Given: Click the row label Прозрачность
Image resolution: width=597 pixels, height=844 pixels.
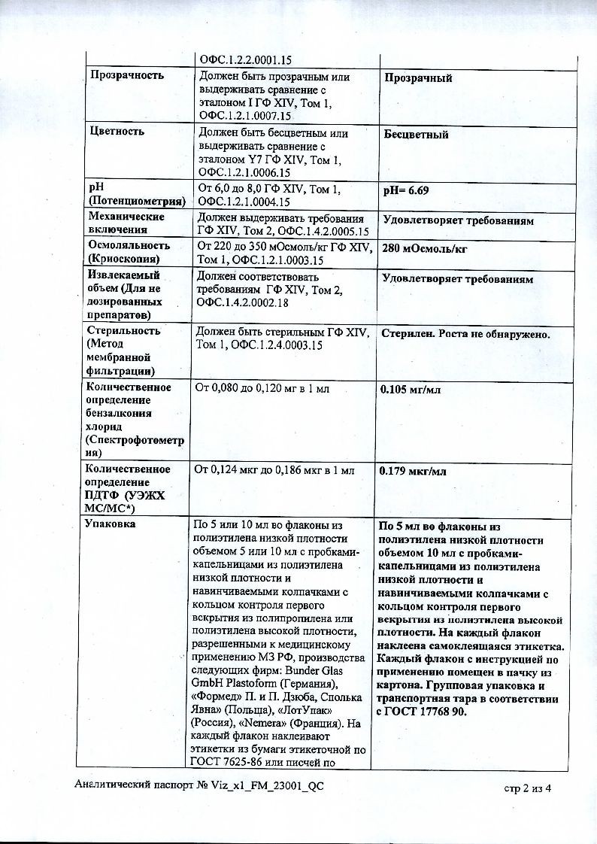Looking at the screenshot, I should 126,75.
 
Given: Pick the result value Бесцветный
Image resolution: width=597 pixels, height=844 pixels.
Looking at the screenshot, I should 416,134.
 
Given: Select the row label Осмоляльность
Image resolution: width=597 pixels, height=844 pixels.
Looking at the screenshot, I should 129,245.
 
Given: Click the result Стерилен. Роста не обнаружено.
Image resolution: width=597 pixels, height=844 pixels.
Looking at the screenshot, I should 466,333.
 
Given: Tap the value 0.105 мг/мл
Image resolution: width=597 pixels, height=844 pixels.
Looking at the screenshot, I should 410,390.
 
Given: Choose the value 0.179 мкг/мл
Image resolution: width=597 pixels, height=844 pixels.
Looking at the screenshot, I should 413,472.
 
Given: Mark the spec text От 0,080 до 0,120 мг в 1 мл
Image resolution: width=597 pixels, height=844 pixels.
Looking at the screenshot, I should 262,389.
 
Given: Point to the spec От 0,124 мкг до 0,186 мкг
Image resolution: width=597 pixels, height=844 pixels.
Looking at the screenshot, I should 256,470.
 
